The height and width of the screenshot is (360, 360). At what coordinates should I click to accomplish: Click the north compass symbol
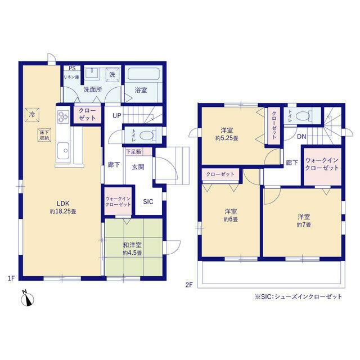pos(28,299)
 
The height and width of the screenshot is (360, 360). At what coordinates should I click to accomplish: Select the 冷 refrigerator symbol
pos(32,115)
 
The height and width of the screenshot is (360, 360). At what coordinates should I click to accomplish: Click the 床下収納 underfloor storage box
pos(44,135)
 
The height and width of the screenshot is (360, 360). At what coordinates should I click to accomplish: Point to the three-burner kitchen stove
pos(63,116)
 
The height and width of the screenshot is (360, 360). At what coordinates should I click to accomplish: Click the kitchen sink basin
pos(64,150)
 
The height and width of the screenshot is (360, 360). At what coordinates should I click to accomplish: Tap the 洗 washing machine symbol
pos(112,75)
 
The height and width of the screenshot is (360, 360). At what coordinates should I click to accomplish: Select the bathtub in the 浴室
pos(143,73)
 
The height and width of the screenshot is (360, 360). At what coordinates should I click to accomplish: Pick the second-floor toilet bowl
pos(304,115)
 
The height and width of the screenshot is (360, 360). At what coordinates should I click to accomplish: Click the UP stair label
pos(116,115)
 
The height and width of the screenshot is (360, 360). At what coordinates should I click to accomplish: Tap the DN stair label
pos(301,137)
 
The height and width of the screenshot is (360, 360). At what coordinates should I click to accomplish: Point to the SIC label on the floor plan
pos(148,201)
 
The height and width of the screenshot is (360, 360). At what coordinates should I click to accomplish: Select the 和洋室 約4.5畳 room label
pos(132,249)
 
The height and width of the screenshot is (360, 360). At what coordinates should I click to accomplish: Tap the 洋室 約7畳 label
pos(304,220)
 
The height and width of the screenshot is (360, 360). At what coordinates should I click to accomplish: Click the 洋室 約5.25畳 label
pos(227,134)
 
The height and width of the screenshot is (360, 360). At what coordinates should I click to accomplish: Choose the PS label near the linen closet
pos(73,68)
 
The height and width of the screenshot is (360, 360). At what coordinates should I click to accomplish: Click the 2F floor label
pos(189,285)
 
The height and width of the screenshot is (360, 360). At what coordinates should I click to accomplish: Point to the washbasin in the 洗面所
pos(92,74)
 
